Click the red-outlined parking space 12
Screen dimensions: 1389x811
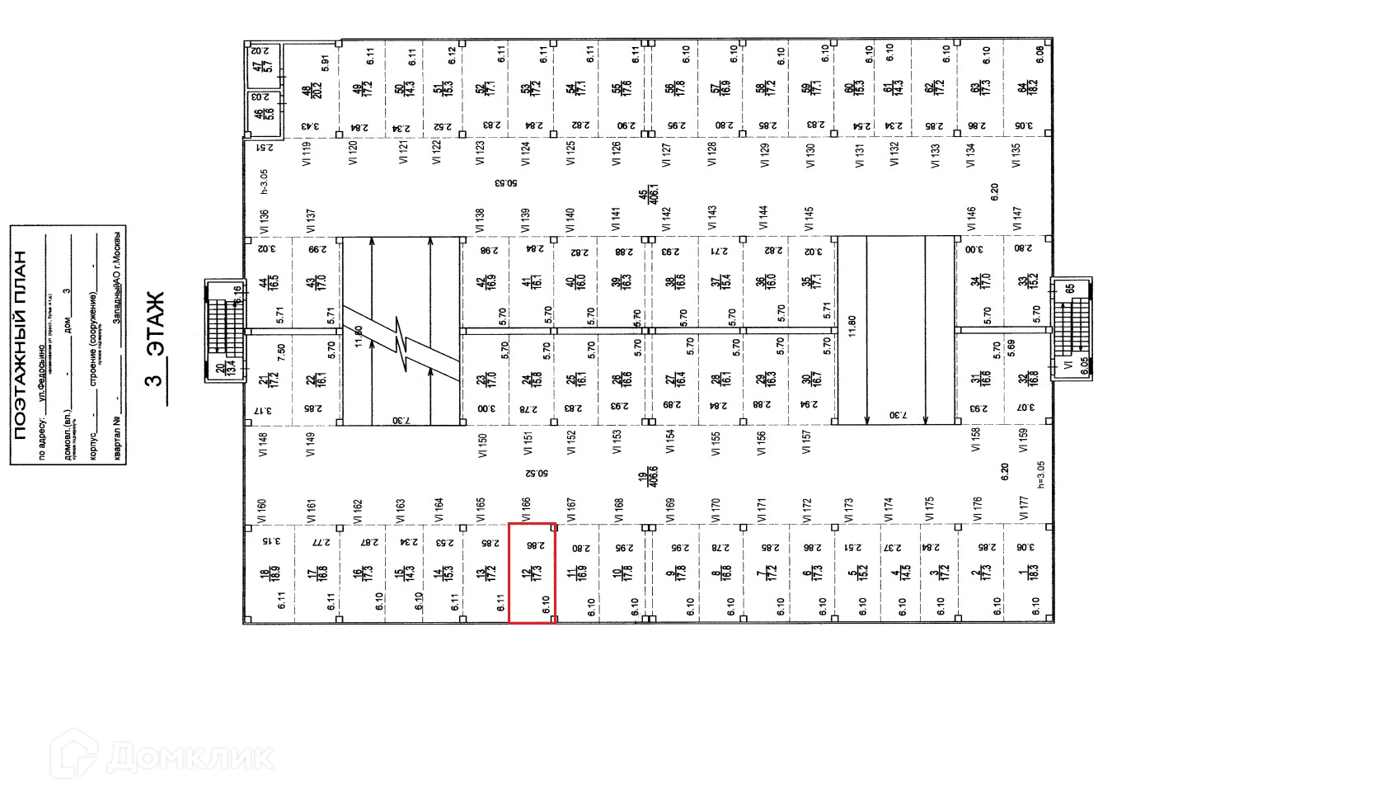tap(531, 573)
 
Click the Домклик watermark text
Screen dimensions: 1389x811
tap(190, 756)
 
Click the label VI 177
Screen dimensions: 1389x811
tap(1023, 508)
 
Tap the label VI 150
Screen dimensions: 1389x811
tap(483, 446)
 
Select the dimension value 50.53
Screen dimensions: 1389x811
tap(507, 182)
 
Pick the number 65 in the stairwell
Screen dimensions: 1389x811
tap(1070, 289)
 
